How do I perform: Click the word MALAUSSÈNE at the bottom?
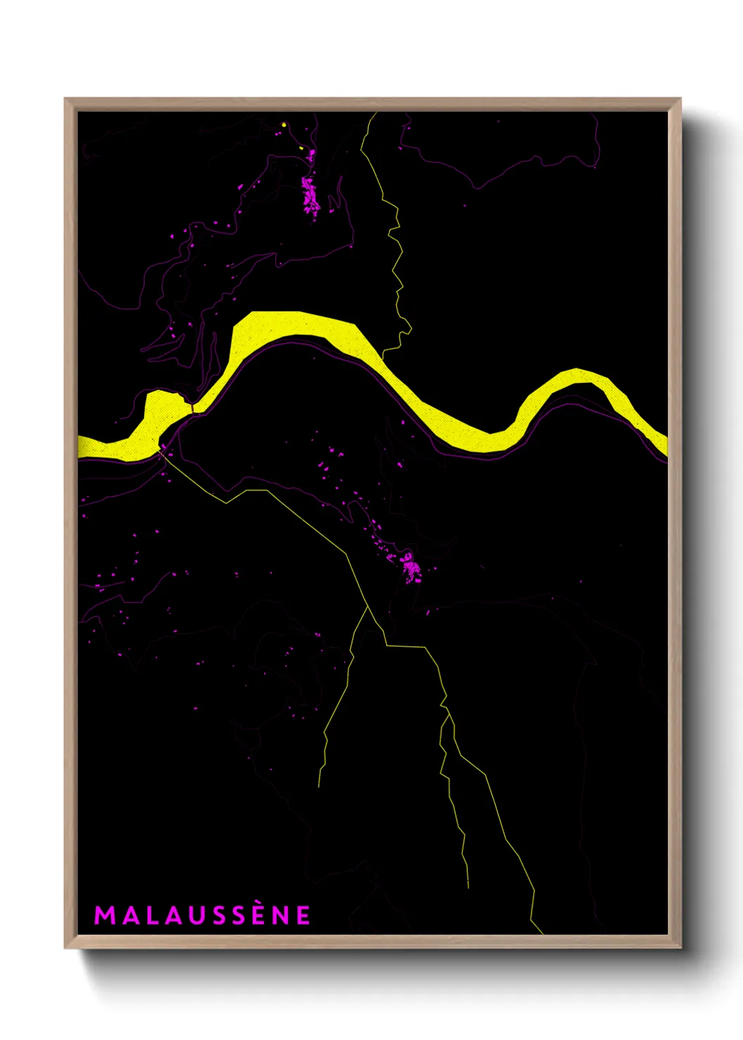point(202,915)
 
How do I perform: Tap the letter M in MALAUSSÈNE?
point(104,916)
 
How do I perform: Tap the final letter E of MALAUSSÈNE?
point(303,916)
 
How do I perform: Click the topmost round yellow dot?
point(284,125)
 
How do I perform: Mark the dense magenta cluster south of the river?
point(411,566)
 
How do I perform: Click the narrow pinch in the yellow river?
point(192,406)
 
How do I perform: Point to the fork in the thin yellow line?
point(368,608)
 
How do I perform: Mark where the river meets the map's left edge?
point(79,447)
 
